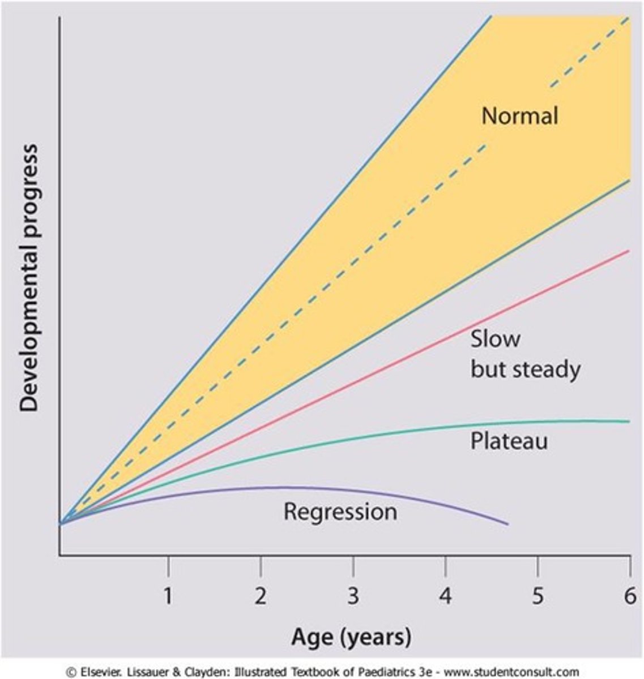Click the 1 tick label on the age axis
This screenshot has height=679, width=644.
coord(168,596)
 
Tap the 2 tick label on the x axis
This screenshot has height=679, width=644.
coord(260,596)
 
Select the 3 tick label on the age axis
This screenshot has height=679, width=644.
coord(353,596)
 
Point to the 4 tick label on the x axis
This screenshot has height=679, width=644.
coord(446,596)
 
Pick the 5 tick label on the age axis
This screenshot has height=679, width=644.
coord(538,596)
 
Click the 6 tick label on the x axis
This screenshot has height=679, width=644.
coord(630,596)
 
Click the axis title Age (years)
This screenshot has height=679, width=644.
coord(351,637)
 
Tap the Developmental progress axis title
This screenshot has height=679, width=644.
coord(28,277)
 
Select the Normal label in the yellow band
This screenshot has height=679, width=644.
coord(519,116)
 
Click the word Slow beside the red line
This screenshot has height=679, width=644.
coord(495,339)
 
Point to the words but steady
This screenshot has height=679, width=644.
coord(525,369)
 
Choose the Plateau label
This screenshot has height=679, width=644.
coord(509,441)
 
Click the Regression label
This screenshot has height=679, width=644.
coord(340,512)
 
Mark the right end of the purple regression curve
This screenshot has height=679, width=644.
coord(507,525)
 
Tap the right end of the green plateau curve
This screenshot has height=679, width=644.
coord(629,421)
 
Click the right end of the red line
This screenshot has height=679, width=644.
coord(629,251)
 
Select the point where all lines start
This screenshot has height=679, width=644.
coord(60,523)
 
